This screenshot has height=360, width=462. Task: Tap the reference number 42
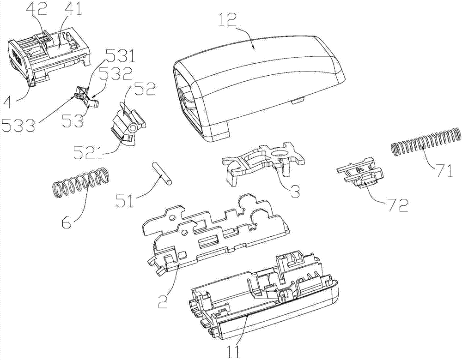pyautogui.click(x=36, y=9)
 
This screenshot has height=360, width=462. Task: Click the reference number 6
pyautogui.click(x=67, y=221)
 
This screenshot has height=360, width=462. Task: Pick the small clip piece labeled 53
pyautogui.click(x=87, y=97)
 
